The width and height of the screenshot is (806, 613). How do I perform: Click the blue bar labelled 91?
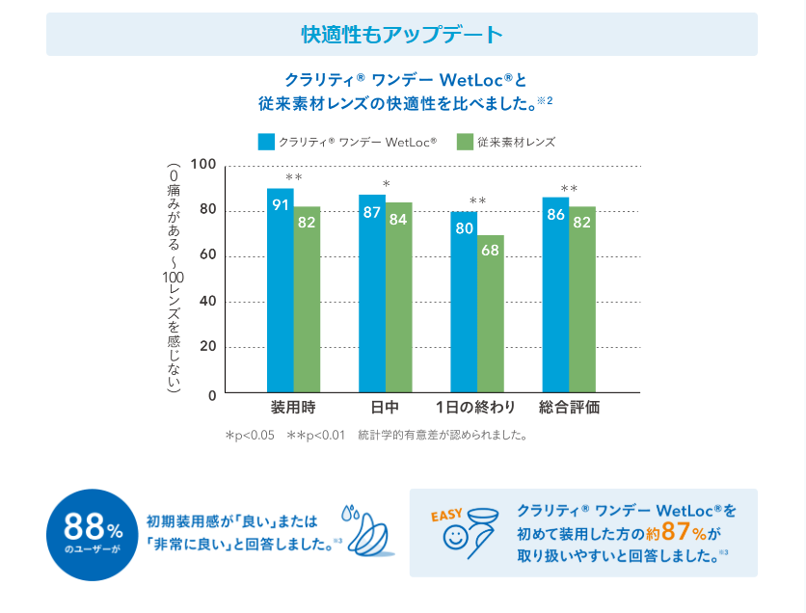tap(281, 289)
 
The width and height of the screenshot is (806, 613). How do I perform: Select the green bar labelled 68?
tap(491, 313)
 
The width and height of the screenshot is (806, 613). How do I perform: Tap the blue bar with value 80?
tap(465, 301)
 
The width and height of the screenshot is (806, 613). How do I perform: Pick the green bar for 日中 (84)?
tap(399, 297)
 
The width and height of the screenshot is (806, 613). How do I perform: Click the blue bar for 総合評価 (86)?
tap(555, 294)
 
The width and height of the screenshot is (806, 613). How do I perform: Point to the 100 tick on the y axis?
tap(202, 165)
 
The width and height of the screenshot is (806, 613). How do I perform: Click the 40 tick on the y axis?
tap(206, 302)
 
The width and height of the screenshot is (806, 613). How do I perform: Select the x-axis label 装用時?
tap(293, 407)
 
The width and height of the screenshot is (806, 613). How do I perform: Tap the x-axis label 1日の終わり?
tap(475, 407)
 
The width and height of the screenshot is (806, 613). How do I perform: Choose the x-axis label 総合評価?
tap(569, 407)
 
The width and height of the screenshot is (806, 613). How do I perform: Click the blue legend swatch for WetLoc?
tap(266, 142)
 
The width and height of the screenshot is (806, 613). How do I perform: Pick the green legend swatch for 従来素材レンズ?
tap(465, 142)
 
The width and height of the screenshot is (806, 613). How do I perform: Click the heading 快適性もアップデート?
tap(402, 35)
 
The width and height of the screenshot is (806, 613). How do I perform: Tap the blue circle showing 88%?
tap(92, 534)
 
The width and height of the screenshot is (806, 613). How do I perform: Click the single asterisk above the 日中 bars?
tap(386, 183)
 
